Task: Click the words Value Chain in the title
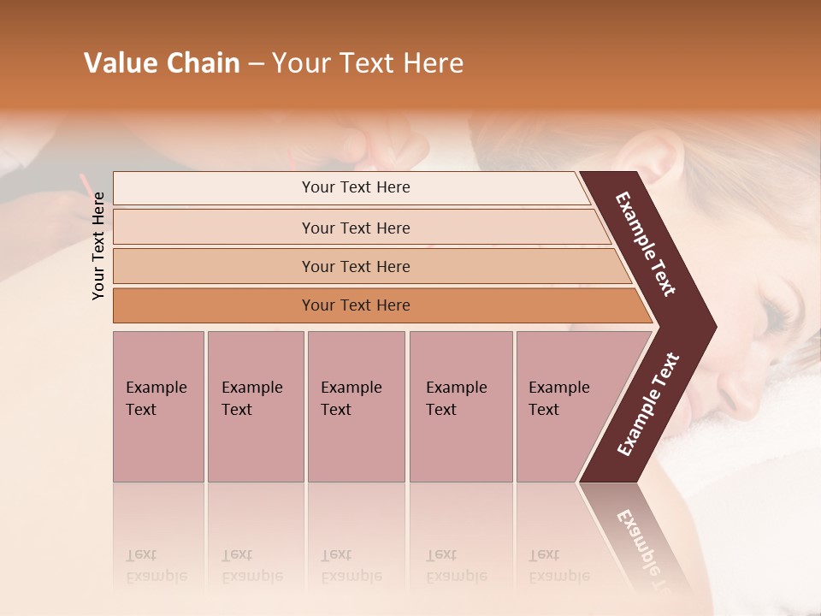pyautogui.click(x=162, y=63)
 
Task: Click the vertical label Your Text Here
pyautogui.click(x=98, y=246)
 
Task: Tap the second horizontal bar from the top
pyautogui.click(x=356, y=228)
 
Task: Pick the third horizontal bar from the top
pyautogui.click(x=356, y=266)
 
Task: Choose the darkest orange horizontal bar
pyautogui.click(x=356, y=305)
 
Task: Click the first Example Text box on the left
pyautogui.click(x=158, y=406)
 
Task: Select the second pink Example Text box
pyautogui.click(x=255, y=406)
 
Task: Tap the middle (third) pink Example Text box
pyautogui.click(x=356, y=406)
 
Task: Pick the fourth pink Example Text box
pyautogui.click(x=460, y=406)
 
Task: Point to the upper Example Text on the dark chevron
pyautogui.click(x=647, y=244)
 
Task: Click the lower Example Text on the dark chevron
pyautogui.click(x=647, y=405)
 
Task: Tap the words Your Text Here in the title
pyautogui.click(x=368, y=63)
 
